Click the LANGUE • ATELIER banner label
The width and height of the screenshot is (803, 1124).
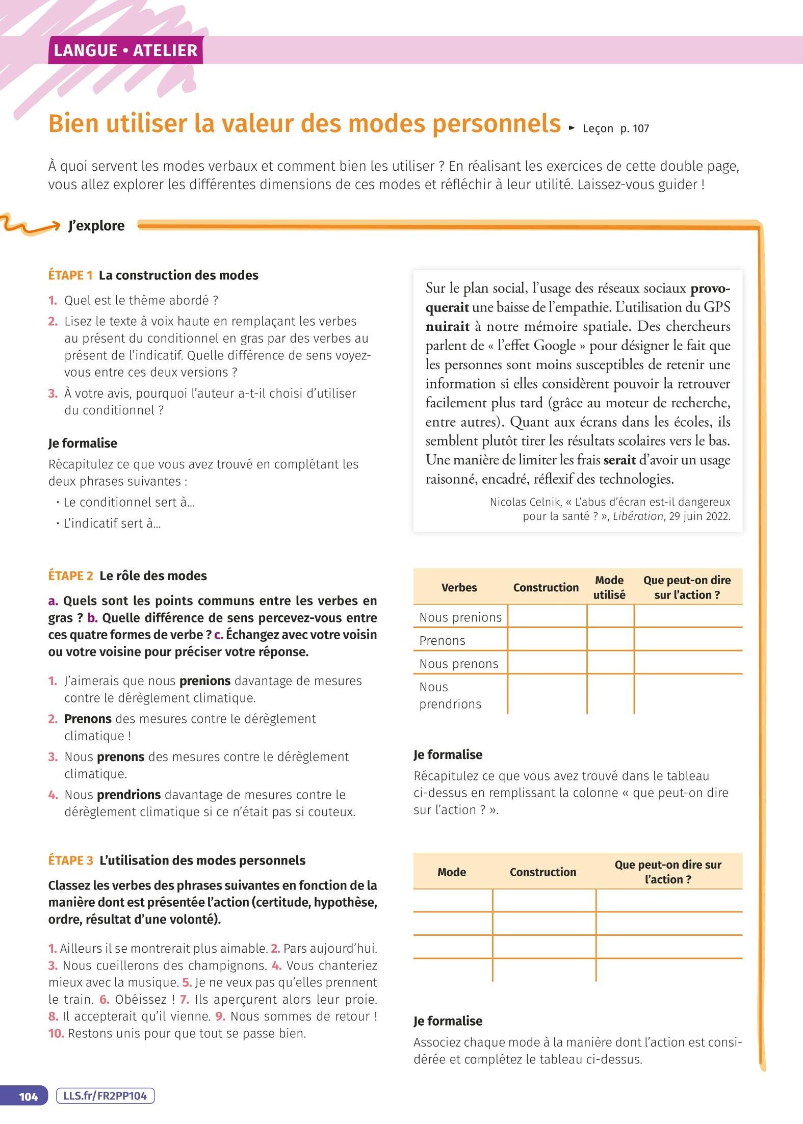(125, 50)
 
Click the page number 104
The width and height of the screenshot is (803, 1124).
(29, 1096)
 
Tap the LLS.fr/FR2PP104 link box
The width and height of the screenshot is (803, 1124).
(105, 1096)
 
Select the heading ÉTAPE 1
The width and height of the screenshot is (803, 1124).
(70, 275)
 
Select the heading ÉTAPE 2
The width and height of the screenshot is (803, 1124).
(71, 576)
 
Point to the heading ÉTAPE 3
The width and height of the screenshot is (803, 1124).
(71, 860)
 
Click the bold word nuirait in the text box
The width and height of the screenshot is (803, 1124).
(447, 327)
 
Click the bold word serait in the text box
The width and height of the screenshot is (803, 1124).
(619, 460)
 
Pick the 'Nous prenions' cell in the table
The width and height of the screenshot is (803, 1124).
(460, 617)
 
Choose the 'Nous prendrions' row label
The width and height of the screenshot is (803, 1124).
(450, 695)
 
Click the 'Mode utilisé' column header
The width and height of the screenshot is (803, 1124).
(609, 587)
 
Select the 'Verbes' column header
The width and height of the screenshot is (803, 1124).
(459, 587)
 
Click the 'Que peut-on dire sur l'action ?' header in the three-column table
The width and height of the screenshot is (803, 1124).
(668, 872)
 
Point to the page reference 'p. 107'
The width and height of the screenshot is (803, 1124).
(634, 129)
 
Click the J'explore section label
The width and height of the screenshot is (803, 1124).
(96, 226)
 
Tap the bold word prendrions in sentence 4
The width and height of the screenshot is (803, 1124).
(128, 795)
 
